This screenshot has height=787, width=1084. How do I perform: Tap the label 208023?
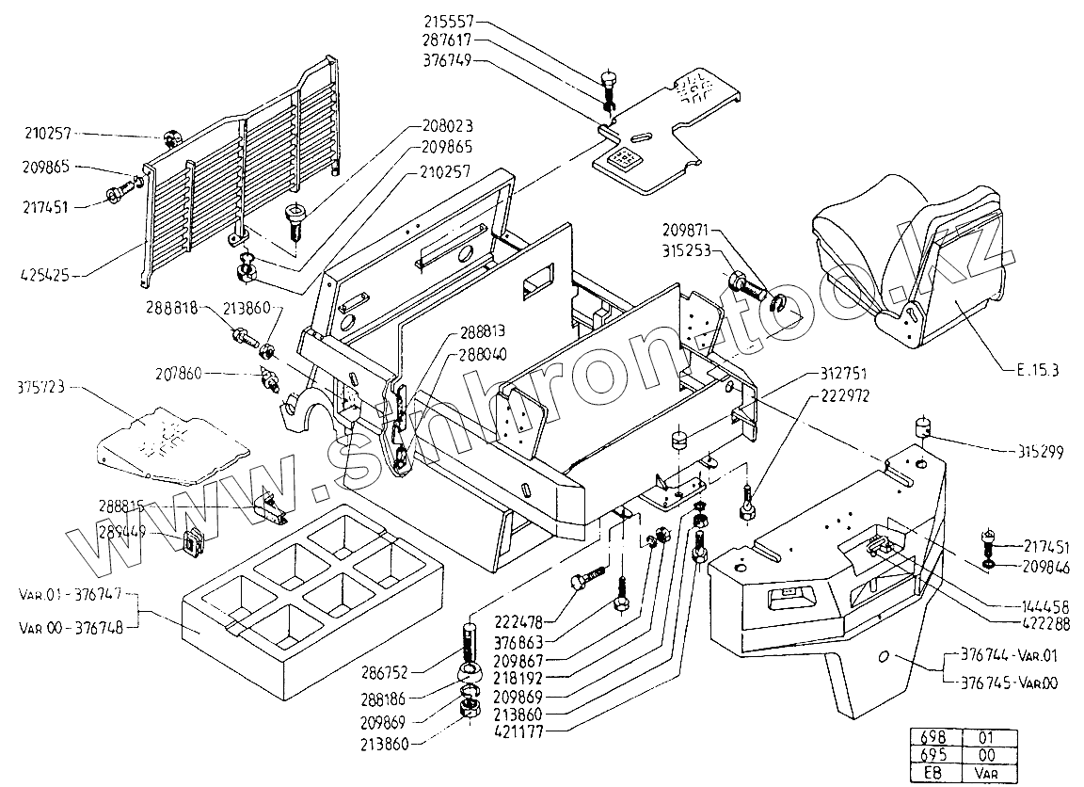pos(447,125)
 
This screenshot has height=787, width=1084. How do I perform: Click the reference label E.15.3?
pos(1037,370)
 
